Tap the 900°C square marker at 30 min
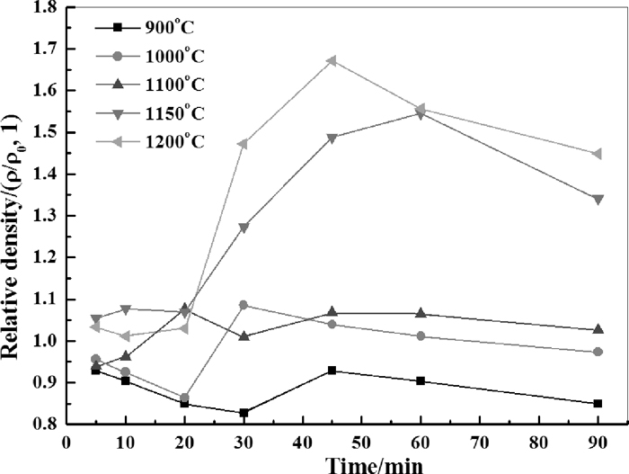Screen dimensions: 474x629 (244, 413)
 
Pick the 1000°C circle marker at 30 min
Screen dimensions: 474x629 (244, 305)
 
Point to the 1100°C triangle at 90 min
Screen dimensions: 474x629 (598, 330)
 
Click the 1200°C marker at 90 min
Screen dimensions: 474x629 (598, 154)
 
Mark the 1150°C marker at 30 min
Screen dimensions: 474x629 (244, 228)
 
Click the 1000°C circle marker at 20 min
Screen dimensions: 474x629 (184, 398)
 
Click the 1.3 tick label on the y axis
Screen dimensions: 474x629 (43, 216)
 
